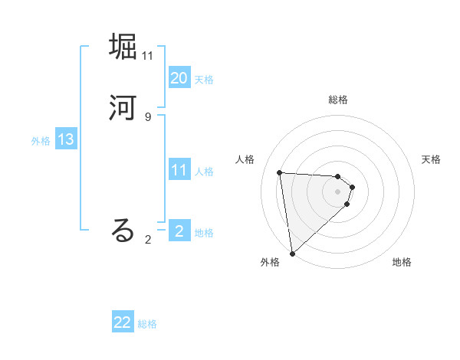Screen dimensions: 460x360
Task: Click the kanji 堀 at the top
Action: pos(123,47)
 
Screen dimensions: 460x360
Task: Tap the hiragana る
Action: pos(123,231)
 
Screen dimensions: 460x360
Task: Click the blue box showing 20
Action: pos(179,78)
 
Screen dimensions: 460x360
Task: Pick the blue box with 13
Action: pos(65,139)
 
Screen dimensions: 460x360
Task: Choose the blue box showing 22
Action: pos(123,322)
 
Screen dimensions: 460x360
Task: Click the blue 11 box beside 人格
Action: pos(179,170)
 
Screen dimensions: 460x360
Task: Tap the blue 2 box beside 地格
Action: pos(179,231)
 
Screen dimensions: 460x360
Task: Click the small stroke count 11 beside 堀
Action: pos(148,55)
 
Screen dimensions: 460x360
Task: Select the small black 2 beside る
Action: pos(147,240)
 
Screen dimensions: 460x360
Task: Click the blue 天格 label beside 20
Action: pos(204,80)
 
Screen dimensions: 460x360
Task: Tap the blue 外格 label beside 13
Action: pos(41,141)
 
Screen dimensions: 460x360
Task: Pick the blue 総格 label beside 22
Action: pos(147,324)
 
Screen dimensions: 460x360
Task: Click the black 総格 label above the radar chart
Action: pos(338,100)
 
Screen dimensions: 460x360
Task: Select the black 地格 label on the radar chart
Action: pos(402,262)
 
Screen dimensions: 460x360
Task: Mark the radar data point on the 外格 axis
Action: pos(292,253)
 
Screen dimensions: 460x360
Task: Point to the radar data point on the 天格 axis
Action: pos(353,186)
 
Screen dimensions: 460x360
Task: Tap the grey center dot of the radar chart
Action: pos(338,191)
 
